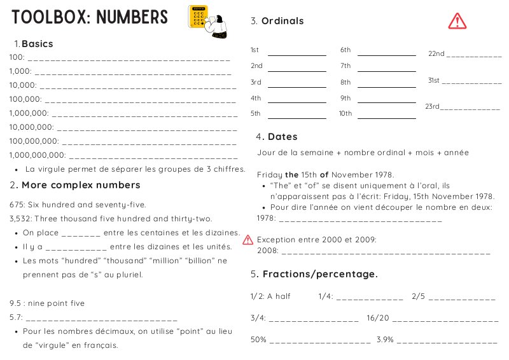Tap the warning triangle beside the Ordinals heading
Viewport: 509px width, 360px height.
(x=457, y=21)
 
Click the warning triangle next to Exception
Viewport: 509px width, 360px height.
(x=248, y=240)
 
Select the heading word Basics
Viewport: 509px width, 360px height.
(x=37, y=44)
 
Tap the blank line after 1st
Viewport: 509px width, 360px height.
(x=296, y=55)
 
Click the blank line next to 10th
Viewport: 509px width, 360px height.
(x=386, y=117)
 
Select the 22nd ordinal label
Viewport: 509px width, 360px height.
(x=436, y=54)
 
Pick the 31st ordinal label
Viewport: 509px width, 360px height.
(x=434, y=81)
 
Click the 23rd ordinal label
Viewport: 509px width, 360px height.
(x=432, y=106)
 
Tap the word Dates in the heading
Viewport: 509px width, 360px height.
(x=282, y=137)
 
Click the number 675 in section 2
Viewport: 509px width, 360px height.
(x=17, y=205)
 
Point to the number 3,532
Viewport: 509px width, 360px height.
(x=21, y=218)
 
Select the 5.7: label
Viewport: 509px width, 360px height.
(x=17, y=317)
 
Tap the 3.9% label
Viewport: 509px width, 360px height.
(x=385, y=340)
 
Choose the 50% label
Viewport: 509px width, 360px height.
(x=258, y=340)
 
